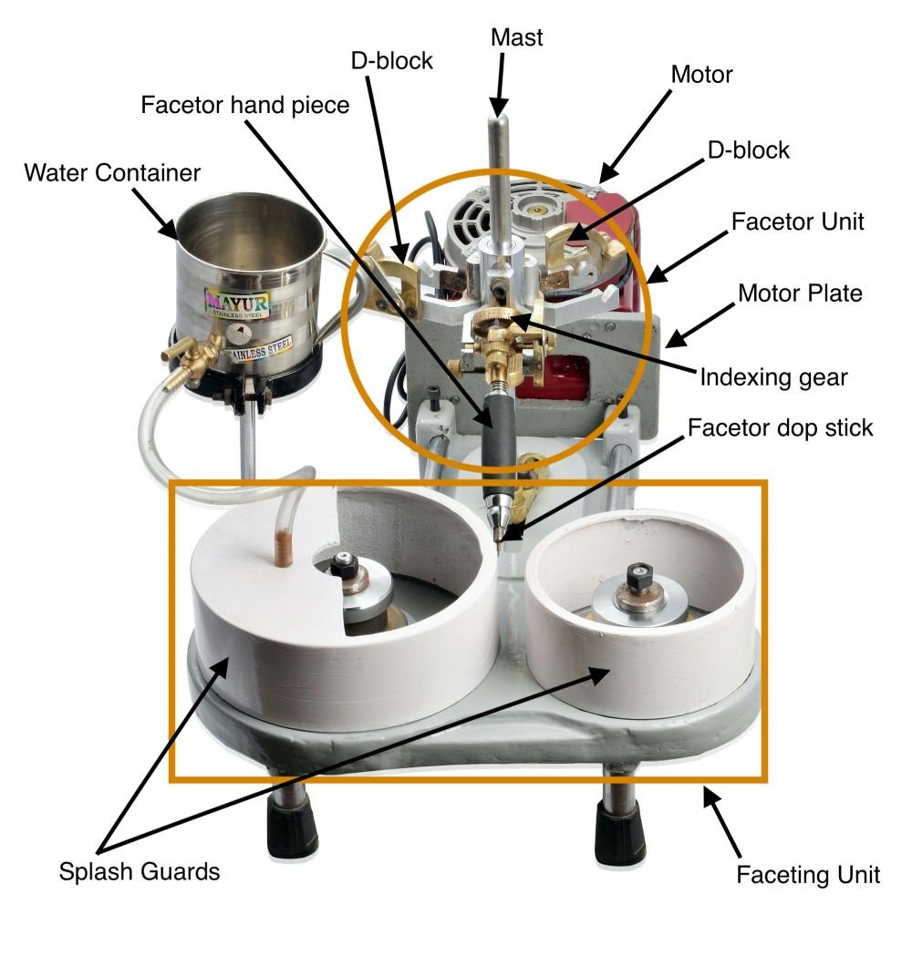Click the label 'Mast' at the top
tap(516, 37)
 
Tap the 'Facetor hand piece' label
tap(245, 105)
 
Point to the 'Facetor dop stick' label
tap(781, 427)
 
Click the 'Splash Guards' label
tap(140, 871)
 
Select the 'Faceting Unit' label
tap(808, 875)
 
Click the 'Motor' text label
tap(701, 75)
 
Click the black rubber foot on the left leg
tap(293, 830)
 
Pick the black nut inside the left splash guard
tap(344, 565)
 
